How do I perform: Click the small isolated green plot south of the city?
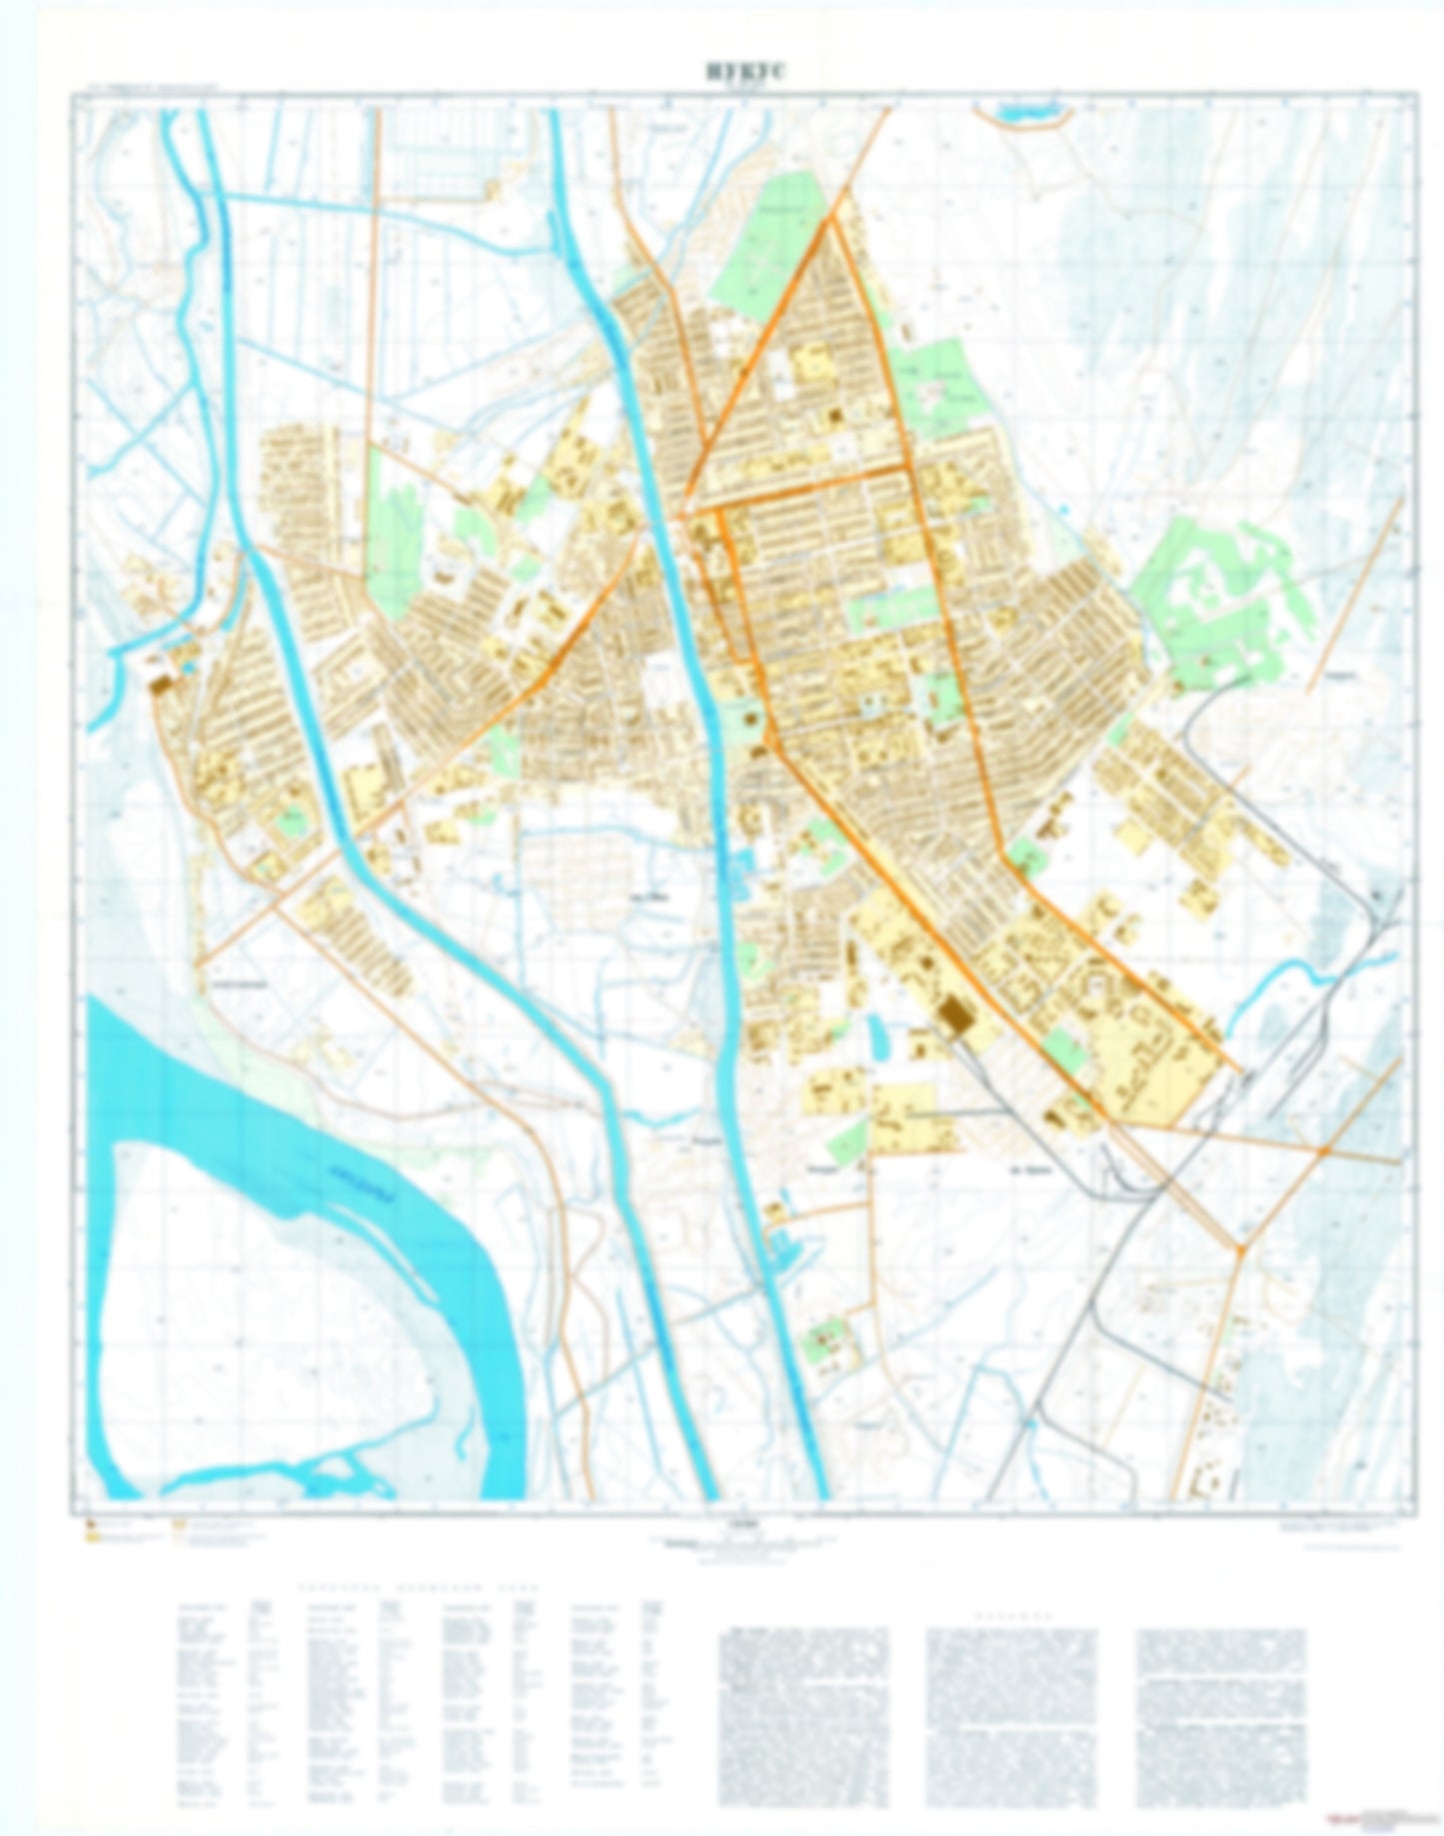830,1342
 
